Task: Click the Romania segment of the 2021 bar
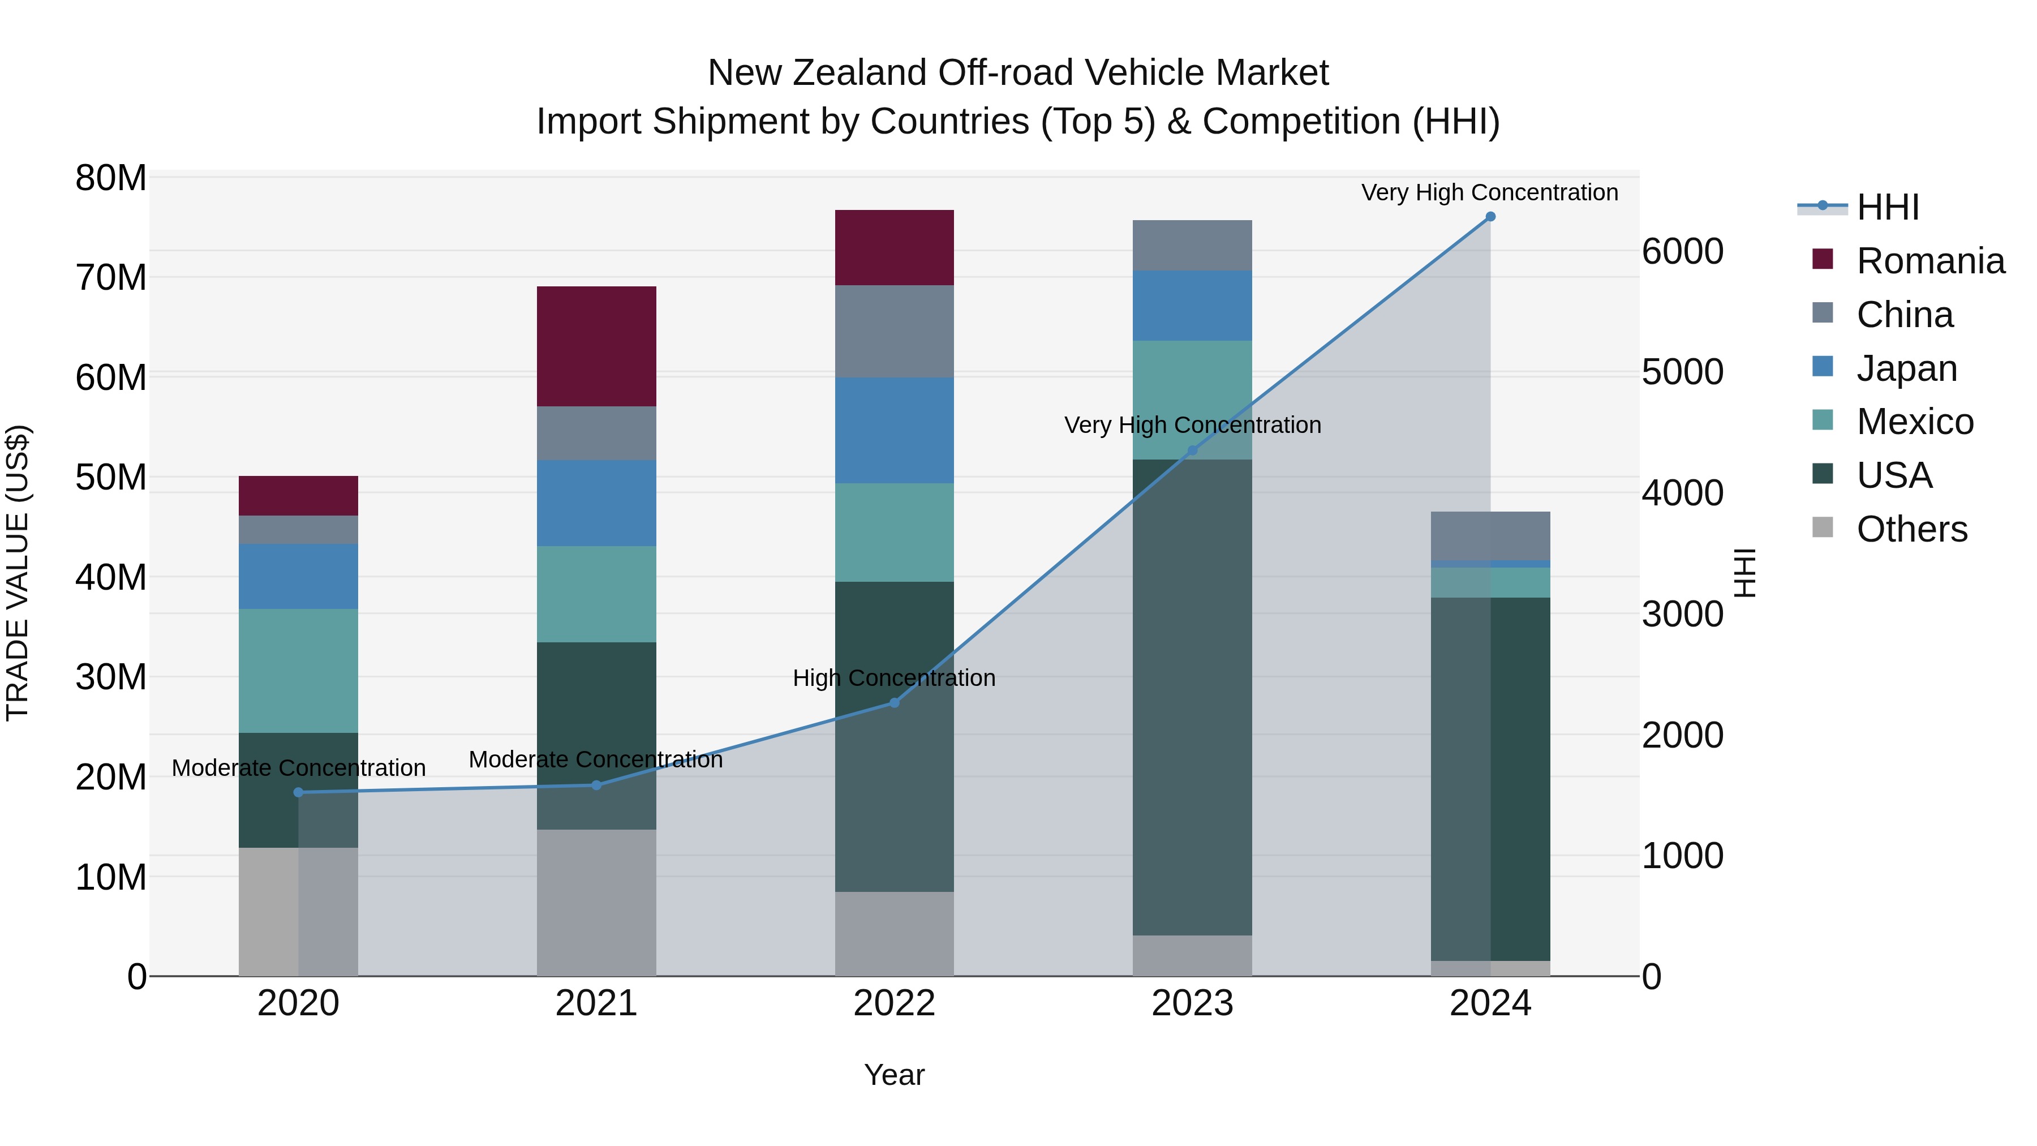(x=596, y=346)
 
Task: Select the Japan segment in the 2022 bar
(x=895, y=430)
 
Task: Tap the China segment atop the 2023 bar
(x=1192, y=245)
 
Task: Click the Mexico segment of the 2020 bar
(x=298, y=671)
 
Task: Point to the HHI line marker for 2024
(x=1490, y=217)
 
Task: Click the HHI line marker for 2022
(x=895, y=702)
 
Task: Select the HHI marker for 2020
(x=298, y=792)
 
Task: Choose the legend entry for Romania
(x=1929, y=261)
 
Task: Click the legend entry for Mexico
(x=1914, y=422)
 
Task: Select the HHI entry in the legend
(x=1886, y=207)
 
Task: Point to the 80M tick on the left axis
(x=111, y=178)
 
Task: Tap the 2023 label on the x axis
(x=1192, y=1003)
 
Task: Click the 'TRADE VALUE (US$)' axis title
(x=18, y=573)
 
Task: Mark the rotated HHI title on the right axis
(x=1744, y=573)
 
